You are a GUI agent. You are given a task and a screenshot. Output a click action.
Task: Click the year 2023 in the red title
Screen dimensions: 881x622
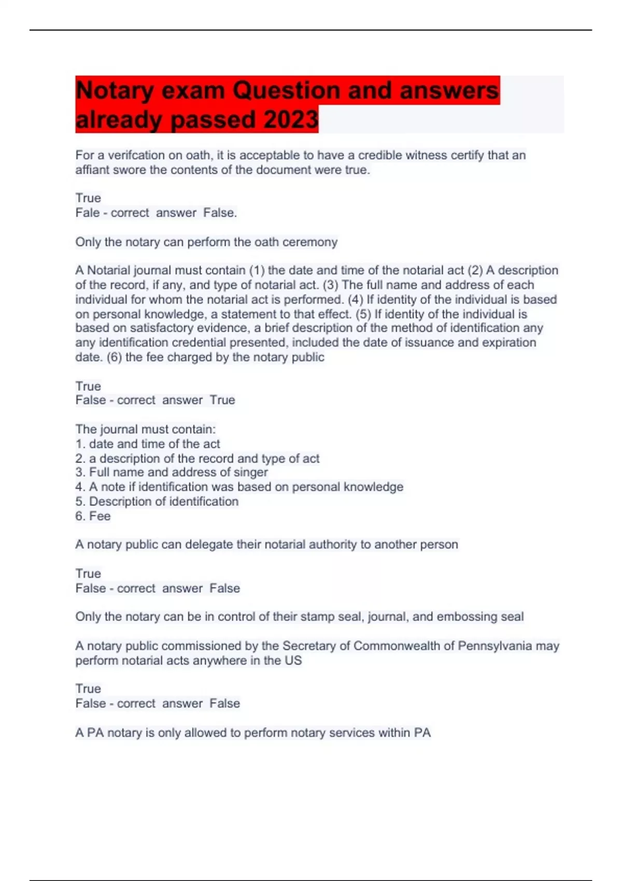(x=291, y=120)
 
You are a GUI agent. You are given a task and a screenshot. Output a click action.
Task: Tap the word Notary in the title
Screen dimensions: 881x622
(x=115, y=91)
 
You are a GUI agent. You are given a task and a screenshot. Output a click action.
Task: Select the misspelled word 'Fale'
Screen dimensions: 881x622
(x=88, y=212)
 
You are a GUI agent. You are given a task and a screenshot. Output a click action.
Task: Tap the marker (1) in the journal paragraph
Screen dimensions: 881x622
(x=257, y=270)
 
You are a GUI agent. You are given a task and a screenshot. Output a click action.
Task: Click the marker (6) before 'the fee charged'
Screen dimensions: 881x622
(x=114, y=357)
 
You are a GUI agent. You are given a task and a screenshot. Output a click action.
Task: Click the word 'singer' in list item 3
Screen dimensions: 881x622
(x=251, y=472)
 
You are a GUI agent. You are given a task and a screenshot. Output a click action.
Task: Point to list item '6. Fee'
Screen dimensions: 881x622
(x=93, y=516)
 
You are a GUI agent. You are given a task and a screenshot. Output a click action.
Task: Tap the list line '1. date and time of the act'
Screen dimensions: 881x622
(x=148, y=444)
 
